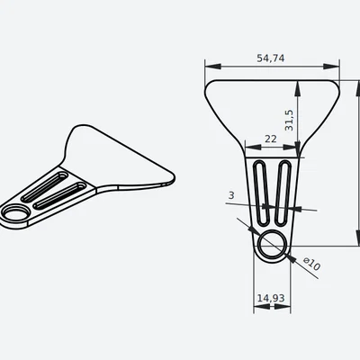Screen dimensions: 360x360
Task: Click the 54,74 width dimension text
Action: click(x=270, y=58)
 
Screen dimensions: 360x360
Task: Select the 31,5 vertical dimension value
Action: click(x=289, y=121)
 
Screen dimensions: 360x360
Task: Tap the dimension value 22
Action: click(x=270, y=139)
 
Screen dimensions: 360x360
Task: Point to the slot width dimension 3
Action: click(x=232, y=195)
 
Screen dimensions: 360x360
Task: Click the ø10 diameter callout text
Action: click(x=311, y=265)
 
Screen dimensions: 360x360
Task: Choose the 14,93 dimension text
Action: click(x=271, y=297)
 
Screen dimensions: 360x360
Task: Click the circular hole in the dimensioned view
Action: click(x=271, y=243)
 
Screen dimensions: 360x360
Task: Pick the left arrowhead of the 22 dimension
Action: click(x=247, y=148)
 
